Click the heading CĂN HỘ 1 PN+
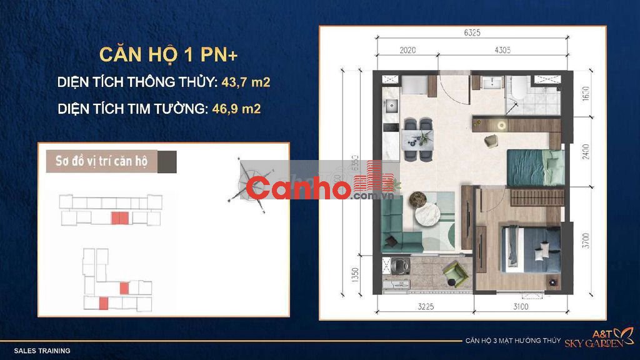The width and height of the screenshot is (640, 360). (x=169, y=55)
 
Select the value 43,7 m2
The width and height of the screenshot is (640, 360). (x=246, y=82)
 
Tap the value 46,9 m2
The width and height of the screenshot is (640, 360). (x=236, y=109)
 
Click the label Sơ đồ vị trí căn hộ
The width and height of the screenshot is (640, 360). (x=101, y=161)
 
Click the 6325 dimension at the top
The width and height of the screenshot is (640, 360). (x=472, y=32)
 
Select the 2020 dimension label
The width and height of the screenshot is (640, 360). (x=407, y=50)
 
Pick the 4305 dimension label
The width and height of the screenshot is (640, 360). (x=502, y=50)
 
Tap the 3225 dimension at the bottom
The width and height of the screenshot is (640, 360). (x=426, y=306)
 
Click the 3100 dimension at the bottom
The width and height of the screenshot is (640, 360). (x=521, y=306)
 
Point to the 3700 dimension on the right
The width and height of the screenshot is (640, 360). (x=586, y=241)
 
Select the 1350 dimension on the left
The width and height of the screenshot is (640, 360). (x=355, y=275)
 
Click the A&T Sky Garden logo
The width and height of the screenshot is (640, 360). (x=599, y=338)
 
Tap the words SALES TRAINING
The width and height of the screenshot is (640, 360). (x=42, y=351)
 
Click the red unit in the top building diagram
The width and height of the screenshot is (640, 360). (x=120, y=218)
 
